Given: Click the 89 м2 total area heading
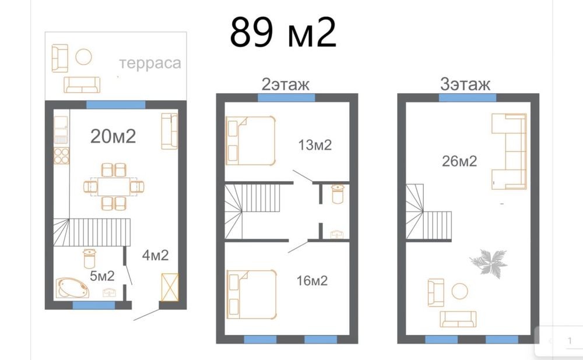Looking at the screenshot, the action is click(x=283, y=33).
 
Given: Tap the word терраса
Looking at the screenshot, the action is click(x=150, y=63).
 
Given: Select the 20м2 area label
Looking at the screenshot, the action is click(x=113, y=136).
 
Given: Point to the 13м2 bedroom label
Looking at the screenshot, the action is click(x=315, y=145).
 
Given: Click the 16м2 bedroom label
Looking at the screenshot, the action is click(x=312, y=281).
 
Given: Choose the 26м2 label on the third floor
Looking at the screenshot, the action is click(x=459, y=161).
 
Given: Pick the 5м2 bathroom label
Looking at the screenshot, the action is click(x=102, y=276).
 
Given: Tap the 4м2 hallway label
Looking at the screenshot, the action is click(x=156, y=255).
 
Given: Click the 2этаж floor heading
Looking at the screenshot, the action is click(x=285, y=84).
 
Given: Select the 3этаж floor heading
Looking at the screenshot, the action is click(x=465, y=84).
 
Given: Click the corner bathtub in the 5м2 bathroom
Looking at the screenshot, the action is click(x=72, y=288).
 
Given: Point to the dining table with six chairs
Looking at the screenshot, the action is click(x=114, y=186).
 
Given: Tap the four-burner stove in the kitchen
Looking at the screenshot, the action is click(x=61, y=156).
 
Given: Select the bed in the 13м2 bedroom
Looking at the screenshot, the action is click(x=251, y=141).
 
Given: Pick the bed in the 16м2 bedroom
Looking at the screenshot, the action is click(x=252, y=294).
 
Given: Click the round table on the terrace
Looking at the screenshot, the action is click(x=83, y=57).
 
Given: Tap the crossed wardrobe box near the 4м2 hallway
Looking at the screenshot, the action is click(x=170, y=287).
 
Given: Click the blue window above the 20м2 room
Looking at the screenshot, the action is click(x=115, y=104).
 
